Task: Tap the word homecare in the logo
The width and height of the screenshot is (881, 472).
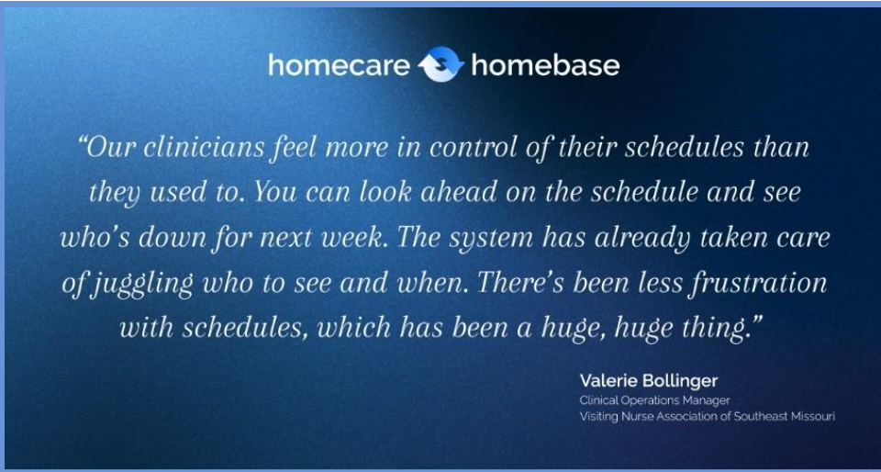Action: pos(339,65)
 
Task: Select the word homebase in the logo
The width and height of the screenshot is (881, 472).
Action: pos(545,65)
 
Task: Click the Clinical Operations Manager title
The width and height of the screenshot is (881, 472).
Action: pos(655,400)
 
